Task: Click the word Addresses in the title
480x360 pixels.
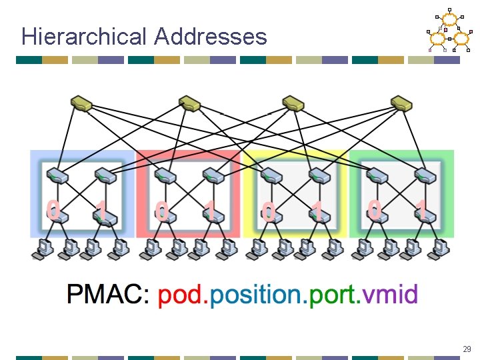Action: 210,36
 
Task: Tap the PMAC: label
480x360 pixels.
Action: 109,294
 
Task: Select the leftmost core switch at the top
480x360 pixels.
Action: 82,103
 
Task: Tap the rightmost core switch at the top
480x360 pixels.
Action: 401,103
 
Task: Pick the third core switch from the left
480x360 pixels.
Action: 293,103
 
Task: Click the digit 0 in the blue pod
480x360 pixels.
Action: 53,209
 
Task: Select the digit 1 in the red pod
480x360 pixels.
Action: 210,212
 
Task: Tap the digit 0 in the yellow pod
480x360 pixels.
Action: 268,212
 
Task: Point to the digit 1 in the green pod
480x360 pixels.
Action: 421,209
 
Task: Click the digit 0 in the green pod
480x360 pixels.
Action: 375,209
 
